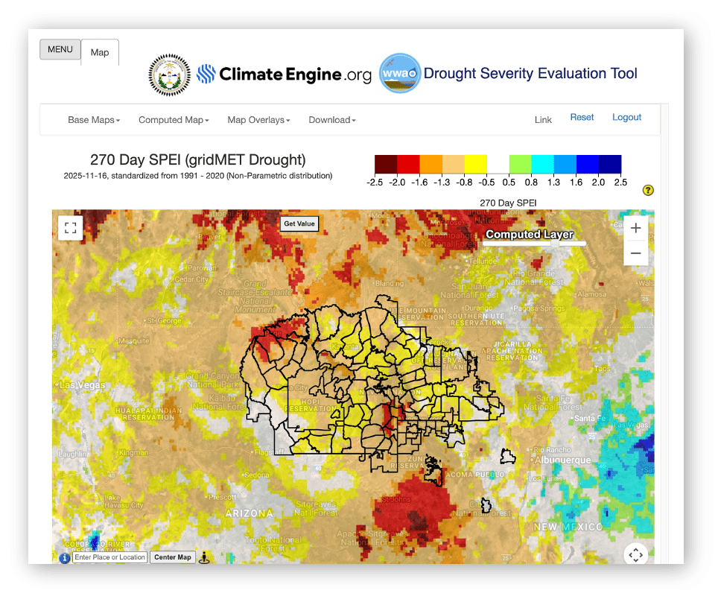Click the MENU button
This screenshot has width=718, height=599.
pyautogui.click(x=60, y=50)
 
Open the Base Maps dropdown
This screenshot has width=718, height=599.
pyautogui.click(x=94, y=120)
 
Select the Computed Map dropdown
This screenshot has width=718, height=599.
pyautogui.click(x=174, y=120)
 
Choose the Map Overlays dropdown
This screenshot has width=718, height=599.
pyautogui.click(x=258, y=120)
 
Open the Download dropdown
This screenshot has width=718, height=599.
pyautogui.click(x=332, y=120)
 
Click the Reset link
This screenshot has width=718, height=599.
pyautogui.click(x=582, y=117)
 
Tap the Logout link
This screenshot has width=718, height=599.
pyautogui.click(x=626, y=117)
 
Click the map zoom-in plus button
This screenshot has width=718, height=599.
pyautogui.click(x=635, y=228)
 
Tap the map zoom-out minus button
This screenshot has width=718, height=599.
pyautogui.click(x=635, y=253)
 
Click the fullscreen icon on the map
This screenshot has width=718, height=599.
pyautogui.click(x=70, y=228)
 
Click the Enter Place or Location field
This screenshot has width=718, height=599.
pyautogui.click(x=109, y=557)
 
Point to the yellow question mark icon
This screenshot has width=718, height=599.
pyautogui.click(x=648, y=191)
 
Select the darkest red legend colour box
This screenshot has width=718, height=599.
pyautogui.click(x=386, y=164)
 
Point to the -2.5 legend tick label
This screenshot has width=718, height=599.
pyautogui.click(x=375, y=183)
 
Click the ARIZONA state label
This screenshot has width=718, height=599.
pyautogui.click(x=249, y=513)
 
